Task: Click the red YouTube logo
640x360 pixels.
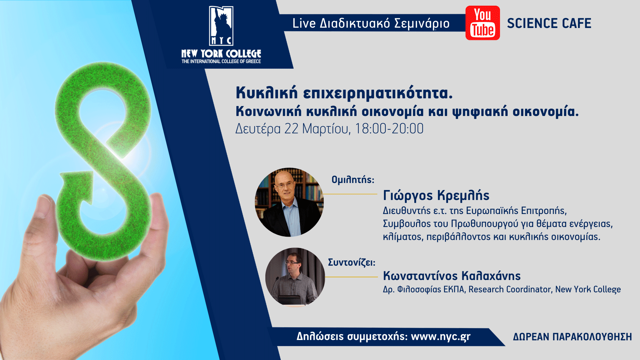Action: coord(482,23)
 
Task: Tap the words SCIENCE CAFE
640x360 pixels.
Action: coord(549,23)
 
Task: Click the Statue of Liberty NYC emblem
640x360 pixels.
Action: coord(221,26)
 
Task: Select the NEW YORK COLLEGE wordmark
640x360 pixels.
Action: coord(221,54)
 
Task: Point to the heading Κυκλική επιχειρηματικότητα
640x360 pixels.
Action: coord(344,93)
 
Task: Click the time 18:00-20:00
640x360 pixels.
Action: coord(389,129)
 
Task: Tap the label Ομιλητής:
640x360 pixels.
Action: coord(353,180)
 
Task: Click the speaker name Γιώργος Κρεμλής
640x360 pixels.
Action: coord(436,196)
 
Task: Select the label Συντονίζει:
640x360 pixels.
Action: coord(352,263)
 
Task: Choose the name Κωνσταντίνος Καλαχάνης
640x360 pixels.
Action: coord(452,276)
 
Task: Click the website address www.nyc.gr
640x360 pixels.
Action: coord(441,337)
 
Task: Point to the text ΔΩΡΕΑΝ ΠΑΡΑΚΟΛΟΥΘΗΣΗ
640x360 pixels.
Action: coord(572,337)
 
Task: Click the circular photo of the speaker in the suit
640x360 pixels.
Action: coord(289,202)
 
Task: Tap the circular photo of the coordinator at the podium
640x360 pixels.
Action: coord(295,277)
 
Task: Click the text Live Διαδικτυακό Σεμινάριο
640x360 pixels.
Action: coord(371,23)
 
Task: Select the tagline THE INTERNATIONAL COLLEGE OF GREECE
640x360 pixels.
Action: coord(221,61)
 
